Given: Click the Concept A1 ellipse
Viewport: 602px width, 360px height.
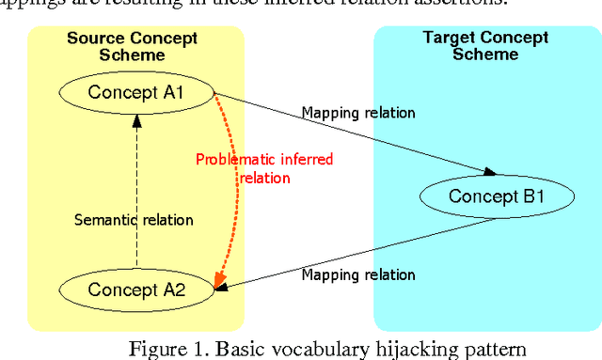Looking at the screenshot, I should click(x=137, y=92).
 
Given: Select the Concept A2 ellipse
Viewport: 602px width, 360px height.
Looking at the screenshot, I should click(x=137, y=290).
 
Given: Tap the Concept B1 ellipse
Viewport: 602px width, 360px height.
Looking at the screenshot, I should click(x=496, y=196).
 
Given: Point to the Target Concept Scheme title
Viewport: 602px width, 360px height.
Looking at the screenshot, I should click(x=483, y=46).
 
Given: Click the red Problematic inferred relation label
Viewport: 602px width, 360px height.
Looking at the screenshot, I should click(x=264, y=168).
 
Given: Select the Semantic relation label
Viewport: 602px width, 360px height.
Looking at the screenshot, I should click(x=134, y=220).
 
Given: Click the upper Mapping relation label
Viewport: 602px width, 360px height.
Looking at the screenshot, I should click(x=357, y=113).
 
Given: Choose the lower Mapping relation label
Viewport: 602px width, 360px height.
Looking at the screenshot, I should click(x=358, y=274).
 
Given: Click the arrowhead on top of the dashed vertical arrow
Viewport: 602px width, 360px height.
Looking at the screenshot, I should click(x=137, y=119).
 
